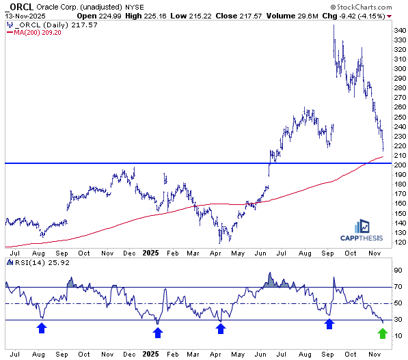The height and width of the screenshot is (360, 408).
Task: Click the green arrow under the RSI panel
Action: pyautogui.click(x=383, y=333)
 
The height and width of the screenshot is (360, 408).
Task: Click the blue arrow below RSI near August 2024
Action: pyautogui.click(x=42, y=328)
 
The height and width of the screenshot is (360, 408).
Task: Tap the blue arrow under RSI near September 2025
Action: pyautogui.click(x=329, y=324)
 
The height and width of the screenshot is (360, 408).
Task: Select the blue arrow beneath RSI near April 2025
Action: pyautogui.click(x=220, y=329)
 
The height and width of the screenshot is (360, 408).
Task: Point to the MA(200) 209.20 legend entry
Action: pyautogui.click(x=33, y=33)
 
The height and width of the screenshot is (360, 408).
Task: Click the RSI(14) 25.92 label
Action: pyautogui.click(x=38, y=263)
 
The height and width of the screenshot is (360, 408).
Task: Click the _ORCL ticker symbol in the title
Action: pyautogui.click(x=19, y=7)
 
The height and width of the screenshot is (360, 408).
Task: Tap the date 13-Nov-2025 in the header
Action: pyautogui.click(x=25, y=16)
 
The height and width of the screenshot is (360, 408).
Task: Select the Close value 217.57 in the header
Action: pyautogui.click(x=251, y=16)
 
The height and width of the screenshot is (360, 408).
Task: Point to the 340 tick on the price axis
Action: pyautogui.click(x=400, y=31)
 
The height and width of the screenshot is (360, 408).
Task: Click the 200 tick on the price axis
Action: pyautogui.click(x=400, y=165)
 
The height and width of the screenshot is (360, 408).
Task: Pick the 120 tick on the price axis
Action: pyautogui.click(x=400, y=243)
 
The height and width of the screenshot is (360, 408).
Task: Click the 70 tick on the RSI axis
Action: pyautogui.click(x=398, y=287)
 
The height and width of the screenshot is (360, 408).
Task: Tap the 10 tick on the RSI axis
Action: pyautogui.click(x=398, y=336)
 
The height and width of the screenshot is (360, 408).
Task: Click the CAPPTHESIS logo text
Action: pyautogui.click(x=362, y=238)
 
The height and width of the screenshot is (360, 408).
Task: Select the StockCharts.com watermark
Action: pyautogui.click(x=362, y=7)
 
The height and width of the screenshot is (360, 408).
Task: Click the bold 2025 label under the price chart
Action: pyautogui.click(x=150, y=253)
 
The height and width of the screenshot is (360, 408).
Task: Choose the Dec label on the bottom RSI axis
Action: pyautogui.click(x=130, y=355)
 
